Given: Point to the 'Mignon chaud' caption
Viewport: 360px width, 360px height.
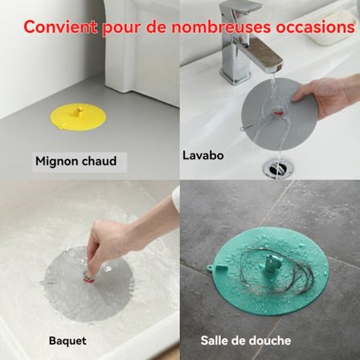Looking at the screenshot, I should tap(76, 161).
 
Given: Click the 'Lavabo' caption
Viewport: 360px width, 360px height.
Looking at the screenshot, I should tap(202, 155).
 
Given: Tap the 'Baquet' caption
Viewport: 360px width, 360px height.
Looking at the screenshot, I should tap(67, 341).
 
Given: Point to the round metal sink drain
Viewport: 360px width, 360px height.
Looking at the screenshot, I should tap(277, 169).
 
